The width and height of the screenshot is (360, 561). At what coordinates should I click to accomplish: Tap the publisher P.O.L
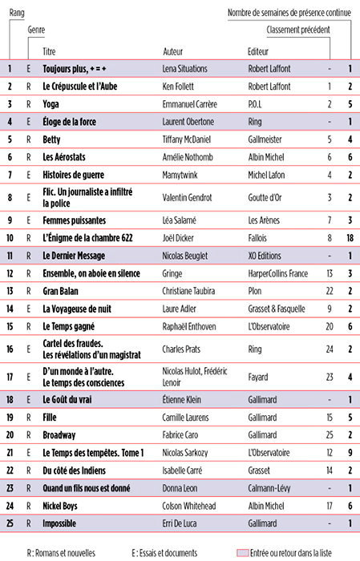[259, 104]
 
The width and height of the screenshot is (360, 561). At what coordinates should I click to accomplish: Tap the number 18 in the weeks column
[350, 238]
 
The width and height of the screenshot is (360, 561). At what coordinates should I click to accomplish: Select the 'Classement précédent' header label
[297, 30]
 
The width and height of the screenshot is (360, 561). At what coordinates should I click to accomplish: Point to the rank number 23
[10, 487]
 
